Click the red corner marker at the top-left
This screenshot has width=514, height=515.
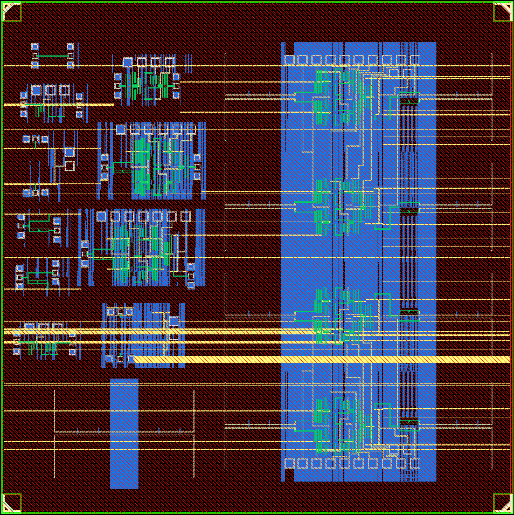(12, 12)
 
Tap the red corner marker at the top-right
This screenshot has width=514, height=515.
(502, 12)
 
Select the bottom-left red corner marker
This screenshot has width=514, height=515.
(12, 503)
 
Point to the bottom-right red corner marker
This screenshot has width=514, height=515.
(502, 503)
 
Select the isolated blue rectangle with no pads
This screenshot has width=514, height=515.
(124, 434)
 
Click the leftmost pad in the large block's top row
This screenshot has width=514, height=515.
(289, 59)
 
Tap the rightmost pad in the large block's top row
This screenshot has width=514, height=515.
(415, 59)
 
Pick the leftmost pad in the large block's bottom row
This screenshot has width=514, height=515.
(289, 463)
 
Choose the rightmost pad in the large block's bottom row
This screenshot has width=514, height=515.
(415, 463)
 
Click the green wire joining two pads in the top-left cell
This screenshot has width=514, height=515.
(52, 56)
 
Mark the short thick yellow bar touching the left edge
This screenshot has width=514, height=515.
(58, 105)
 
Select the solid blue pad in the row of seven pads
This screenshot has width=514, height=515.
(101, 216)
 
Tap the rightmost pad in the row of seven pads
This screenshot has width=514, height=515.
(185, 216)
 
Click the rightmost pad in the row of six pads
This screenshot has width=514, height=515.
(190, 129)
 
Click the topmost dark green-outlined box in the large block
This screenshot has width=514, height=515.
(409, 99)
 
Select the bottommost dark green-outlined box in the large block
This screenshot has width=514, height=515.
(409, 423)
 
